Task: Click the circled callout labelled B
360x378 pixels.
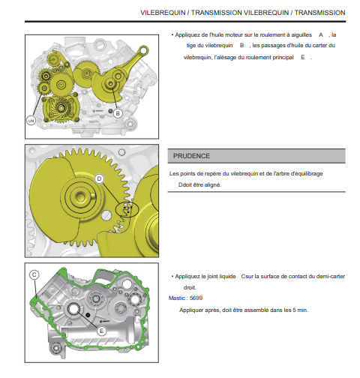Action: point(118,113)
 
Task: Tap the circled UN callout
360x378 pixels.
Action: point(31,121)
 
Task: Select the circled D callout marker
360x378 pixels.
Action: point(100,178)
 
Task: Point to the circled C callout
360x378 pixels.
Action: point(34,274)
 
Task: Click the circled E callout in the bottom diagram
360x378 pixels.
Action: point(101,331)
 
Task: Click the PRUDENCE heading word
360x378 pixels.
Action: point(191,156)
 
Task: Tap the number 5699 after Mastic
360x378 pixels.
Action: point(196,298)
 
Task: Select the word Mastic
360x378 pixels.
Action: point(177,298)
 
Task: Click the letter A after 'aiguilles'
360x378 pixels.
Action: point(321,35)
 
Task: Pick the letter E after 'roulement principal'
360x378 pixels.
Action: point(303,58)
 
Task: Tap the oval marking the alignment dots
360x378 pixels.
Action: point(127,209)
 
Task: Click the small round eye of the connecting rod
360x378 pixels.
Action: point(144,50)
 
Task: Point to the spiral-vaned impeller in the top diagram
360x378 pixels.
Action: point(61,108)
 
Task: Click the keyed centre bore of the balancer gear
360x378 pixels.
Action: point(80,196)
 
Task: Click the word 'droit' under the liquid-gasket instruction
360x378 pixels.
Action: point(190,288)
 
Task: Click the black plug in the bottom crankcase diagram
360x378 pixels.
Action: point(88,315)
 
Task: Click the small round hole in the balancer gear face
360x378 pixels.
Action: point(106,215)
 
